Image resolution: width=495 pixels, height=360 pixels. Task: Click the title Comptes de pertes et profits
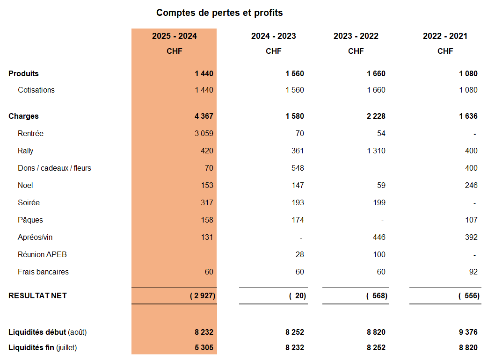pos(219,13)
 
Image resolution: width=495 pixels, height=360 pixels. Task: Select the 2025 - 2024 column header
pos(175,36)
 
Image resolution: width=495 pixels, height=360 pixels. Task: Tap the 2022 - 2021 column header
pos(445,36)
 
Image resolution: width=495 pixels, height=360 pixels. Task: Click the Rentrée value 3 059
pos(204,133)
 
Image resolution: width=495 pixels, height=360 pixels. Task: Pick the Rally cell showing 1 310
pos(376,151)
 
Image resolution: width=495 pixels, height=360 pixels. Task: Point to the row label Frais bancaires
pos(43,272)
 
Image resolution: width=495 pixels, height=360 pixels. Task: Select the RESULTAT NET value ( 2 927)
pos(203,295)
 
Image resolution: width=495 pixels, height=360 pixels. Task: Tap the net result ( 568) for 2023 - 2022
pos(377,295)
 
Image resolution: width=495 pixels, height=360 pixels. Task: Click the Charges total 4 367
pos(204,116)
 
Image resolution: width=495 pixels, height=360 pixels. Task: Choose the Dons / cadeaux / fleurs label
pos(54,168)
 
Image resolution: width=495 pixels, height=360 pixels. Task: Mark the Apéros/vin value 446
pos(379,237)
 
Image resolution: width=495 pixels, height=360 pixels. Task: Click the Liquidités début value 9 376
pos(468,332)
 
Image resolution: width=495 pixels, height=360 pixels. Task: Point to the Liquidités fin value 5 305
pos(204,347)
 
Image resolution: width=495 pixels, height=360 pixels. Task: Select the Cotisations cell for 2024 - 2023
pos(295,90)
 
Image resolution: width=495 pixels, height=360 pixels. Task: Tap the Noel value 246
pos(471,185)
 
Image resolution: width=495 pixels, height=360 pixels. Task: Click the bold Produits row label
pos(23,73)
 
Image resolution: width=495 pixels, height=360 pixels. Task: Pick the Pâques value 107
pos(471,220)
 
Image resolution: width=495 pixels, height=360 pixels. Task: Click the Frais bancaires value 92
pos(473,272)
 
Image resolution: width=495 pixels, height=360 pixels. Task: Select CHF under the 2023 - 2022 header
pos(356,51)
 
